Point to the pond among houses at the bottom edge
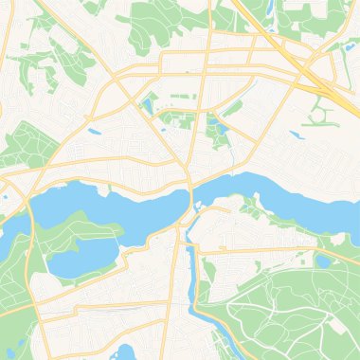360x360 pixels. coord(122,352)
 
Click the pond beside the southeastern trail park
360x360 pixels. coord(325,259)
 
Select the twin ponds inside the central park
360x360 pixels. coord(215,129)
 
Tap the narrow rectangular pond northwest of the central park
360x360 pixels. coord(147,99)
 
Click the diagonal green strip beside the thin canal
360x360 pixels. coord(233,109)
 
